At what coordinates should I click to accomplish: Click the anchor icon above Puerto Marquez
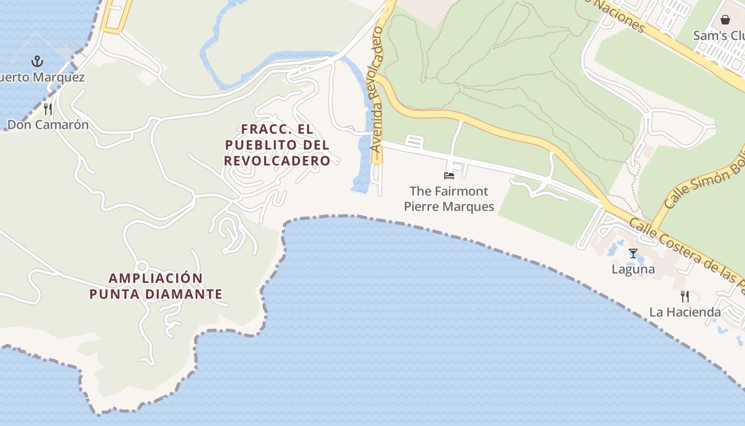pos(37,61)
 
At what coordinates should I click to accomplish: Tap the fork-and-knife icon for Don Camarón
pos(48,109)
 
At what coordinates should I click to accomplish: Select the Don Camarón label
pos(48,125)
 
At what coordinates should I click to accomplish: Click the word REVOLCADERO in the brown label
pos(277,160)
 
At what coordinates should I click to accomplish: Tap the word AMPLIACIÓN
pos(156,278)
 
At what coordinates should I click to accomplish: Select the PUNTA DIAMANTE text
pos(156,294)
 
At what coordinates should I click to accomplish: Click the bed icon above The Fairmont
pos(449,175)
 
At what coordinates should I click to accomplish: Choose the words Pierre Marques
pos(449,207)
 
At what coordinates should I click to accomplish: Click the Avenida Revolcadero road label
pos(376,91)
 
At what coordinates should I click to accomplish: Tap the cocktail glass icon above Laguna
pos(633,253)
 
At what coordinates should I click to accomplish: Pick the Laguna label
pos(633,269)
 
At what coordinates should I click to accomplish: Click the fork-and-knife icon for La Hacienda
pos(685,297)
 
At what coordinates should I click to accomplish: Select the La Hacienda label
pos(685,312)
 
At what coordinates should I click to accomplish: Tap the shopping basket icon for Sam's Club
pos(725,20)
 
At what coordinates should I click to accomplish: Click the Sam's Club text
pos(718,36)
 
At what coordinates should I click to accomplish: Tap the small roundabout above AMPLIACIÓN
pos(142,267)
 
